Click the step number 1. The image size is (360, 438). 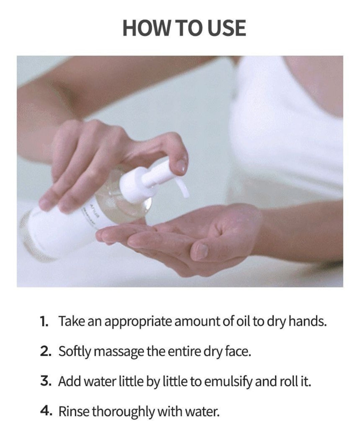click(x=44, y=321)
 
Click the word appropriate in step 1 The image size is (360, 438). click(x=138, y=322)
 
